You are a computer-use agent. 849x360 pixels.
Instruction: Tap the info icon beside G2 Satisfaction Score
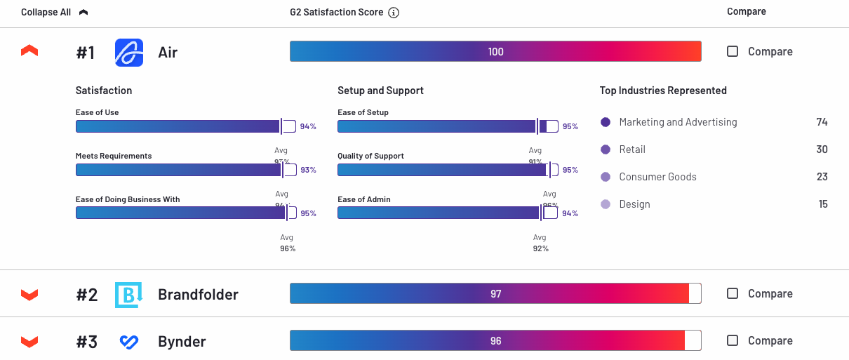(x=394, y=13)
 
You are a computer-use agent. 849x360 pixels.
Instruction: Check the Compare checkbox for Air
(x=733, y=51)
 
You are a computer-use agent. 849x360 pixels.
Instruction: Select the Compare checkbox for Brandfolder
(x=733, y=293)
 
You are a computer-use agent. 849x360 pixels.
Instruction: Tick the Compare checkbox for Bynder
(x=733, y=340)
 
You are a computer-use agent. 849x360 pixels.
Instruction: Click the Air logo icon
(x=129, y=53)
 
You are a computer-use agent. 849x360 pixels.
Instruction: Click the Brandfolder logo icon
(x=128, y=295)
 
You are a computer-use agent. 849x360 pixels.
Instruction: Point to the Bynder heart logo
(x=128, y=342)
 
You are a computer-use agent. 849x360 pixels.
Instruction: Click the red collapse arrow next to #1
(x=29, y=51)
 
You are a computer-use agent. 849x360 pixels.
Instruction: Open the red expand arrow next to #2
(x=29, y=294)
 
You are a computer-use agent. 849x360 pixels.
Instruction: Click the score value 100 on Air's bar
(x=496, y=52)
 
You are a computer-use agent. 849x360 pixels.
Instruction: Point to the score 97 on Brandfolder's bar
(x=496, y=294)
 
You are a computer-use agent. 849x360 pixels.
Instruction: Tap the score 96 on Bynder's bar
(x=496, y=341)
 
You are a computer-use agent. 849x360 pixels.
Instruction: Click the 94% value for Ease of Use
(x=308, y=127)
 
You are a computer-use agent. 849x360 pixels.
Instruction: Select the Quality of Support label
(x=370, y=156)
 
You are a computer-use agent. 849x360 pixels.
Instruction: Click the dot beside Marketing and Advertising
(x=606, y=122)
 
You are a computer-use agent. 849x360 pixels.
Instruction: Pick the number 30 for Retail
(x=822, y=149)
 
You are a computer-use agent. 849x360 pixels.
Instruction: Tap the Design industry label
(x=634, y=204)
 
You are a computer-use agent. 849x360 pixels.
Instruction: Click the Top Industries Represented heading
(x=663, y=91)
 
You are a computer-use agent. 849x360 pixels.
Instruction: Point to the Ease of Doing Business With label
(x=128, y=199)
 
